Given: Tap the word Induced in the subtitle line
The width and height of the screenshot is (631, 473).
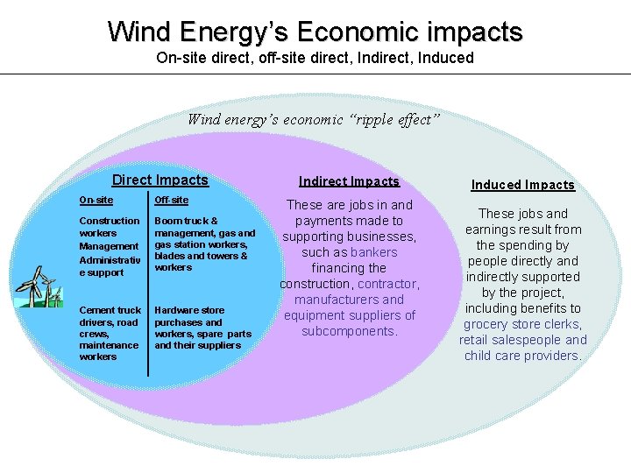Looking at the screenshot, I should [x=445, y=58].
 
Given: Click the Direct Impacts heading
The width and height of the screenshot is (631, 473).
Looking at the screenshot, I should [x=160, y=180].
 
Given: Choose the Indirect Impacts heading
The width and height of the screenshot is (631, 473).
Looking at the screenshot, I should [x=349, y=181].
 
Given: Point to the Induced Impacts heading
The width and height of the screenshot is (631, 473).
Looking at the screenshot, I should [x=522, y=185].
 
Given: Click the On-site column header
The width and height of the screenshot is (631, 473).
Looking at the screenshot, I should [x=96, y=201].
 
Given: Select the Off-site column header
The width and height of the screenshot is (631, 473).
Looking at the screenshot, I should [x=171, y=201].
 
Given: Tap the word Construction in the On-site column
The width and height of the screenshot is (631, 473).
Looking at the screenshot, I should [x=109, y=221].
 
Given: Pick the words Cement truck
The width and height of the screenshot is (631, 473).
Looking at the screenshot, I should [x=110, y=310].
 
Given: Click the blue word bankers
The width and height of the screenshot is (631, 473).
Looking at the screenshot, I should [x=374, y=252].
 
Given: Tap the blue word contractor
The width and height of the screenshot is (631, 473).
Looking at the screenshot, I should [x=387, y=284].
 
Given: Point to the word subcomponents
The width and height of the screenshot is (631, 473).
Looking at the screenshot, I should [x=348, y=331].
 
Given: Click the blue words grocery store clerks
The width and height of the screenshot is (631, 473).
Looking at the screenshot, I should [x=521, y=324].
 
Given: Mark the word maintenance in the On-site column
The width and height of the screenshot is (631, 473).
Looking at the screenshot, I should [x=109, y=345].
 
